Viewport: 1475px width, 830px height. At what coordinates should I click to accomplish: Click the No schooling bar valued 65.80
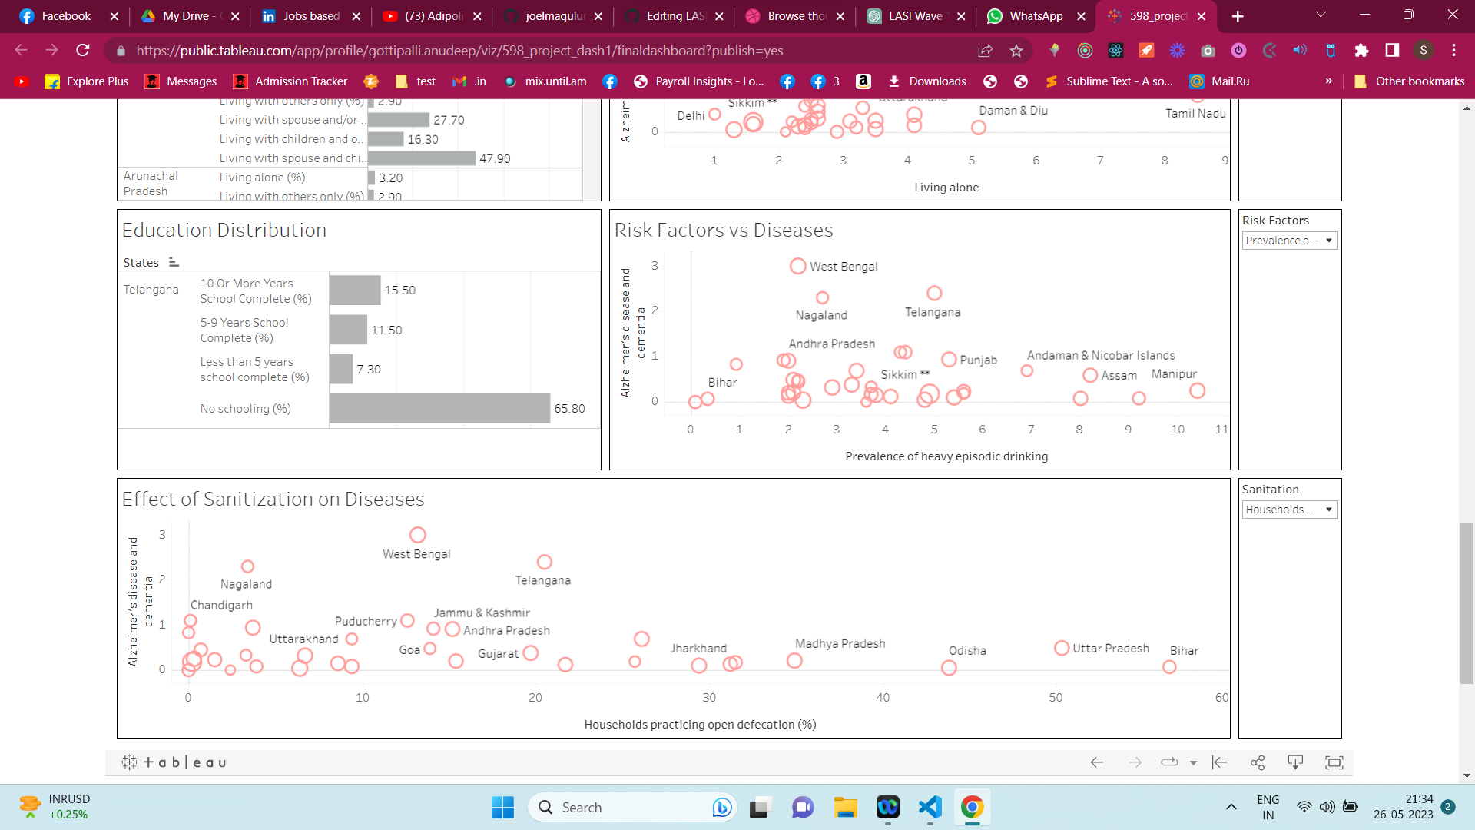click(x=439, y=408)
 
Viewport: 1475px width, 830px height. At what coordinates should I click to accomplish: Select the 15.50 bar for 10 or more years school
click(x=355, y=290)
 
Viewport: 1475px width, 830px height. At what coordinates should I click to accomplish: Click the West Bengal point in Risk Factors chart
click(x=798, y=266)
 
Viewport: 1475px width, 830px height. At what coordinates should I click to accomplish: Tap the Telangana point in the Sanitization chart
click(x=545, y=562)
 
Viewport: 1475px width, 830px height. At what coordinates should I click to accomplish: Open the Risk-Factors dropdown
click(x=1290, y=241)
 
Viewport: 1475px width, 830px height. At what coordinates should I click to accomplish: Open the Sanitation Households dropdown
click(x=1290, y=510)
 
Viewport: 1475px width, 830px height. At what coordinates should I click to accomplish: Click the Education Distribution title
click(x=224, y=230)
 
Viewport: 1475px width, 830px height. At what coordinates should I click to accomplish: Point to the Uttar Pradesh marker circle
click(x=1062, y=648)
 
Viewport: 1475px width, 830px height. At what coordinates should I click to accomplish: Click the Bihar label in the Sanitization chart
click(x=1184, y=650)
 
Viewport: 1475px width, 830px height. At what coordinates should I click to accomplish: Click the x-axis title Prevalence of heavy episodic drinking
click(x=946, y=456)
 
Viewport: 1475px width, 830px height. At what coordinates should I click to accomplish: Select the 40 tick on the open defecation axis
click(x=883, y=697)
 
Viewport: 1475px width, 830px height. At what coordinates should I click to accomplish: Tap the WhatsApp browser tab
click(x=1035, y=16)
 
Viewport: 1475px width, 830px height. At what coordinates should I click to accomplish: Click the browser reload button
click(x=83, y=50)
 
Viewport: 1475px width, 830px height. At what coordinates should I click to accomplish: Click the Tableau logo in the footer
click(x=174, y=762)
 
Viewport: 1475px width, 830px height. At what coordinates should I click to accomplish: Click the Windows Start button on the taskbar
click(x=502, y=807)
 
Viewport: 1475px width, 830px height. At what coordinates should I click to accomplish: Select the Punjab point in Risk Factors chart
click(x=949, y=360)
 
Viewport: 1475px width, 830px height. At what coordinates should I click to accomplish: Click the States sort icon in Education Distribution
click(x=174, y=262)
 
